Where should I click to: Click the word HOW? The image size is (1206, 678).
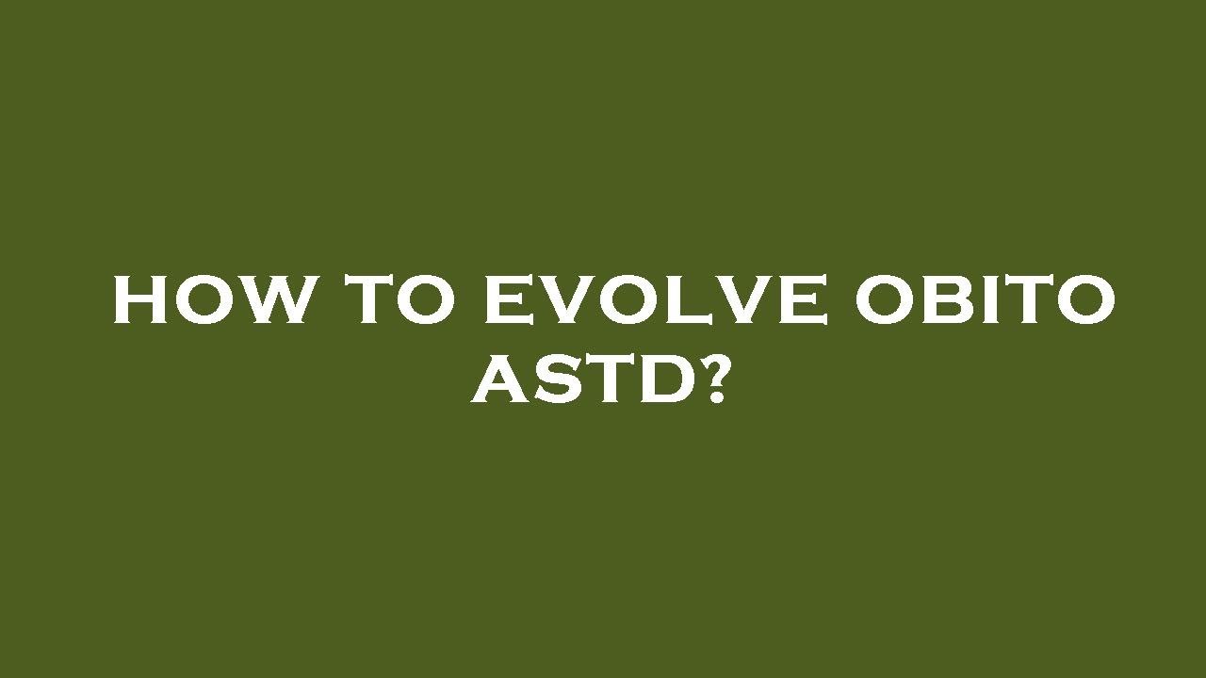coord(210,300)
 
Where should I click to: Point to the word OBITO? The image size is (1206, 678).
coord(986,300)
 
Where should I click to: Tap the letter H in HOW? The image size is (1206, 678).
coord(141,300)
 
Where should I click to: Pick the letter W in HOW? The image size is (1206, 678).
coord(273,300)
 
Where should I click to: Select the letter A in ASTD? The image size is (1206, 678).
coord(500,380)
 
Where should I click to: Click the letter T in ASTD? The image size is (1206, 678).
coord(607,380)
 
